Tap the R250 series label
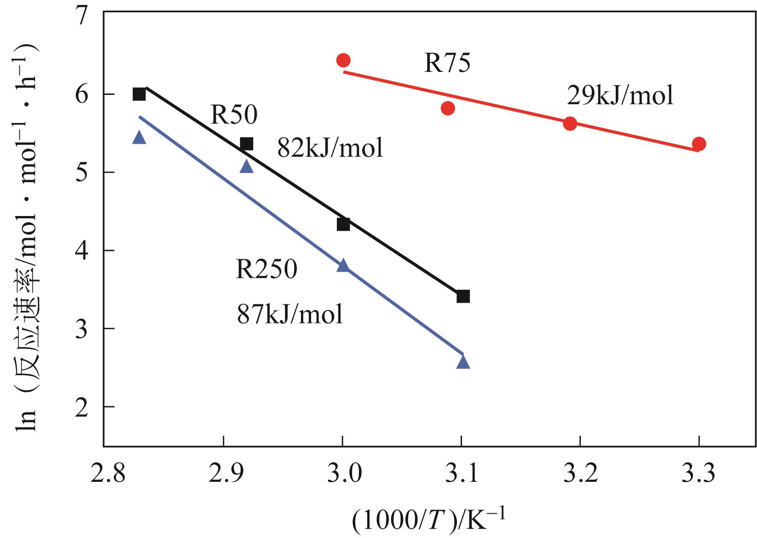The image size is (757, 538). click(x=266, y=269)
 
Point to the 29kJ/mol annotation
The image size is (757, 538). click(x=620, y=96)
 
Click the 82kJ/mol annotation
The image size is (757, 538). click(x=330, y=148)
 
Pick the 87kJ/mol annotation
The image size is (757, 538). click(x=290, y=315)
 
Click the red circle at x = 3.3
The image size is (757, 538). click(x=699, y=144)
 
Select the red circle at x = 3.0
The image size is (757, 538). click(x=343, y=60)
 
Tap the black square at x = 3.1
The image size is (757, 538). click(x=463, y=296)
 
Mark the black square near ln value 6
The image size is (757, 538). click(x=139, y=94)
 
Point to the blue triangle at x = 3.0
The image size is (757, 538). click(x=343, y=266)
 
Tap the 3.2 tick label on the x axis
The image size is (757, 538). click(x=580, y=473)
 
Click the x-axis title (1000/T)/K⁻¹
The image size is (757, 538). click(x=428, y=520)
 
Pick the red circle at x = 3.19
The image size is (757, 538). click(x=570, y=123)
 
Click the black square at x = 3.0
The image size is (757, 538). click(x=343, y=224)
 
